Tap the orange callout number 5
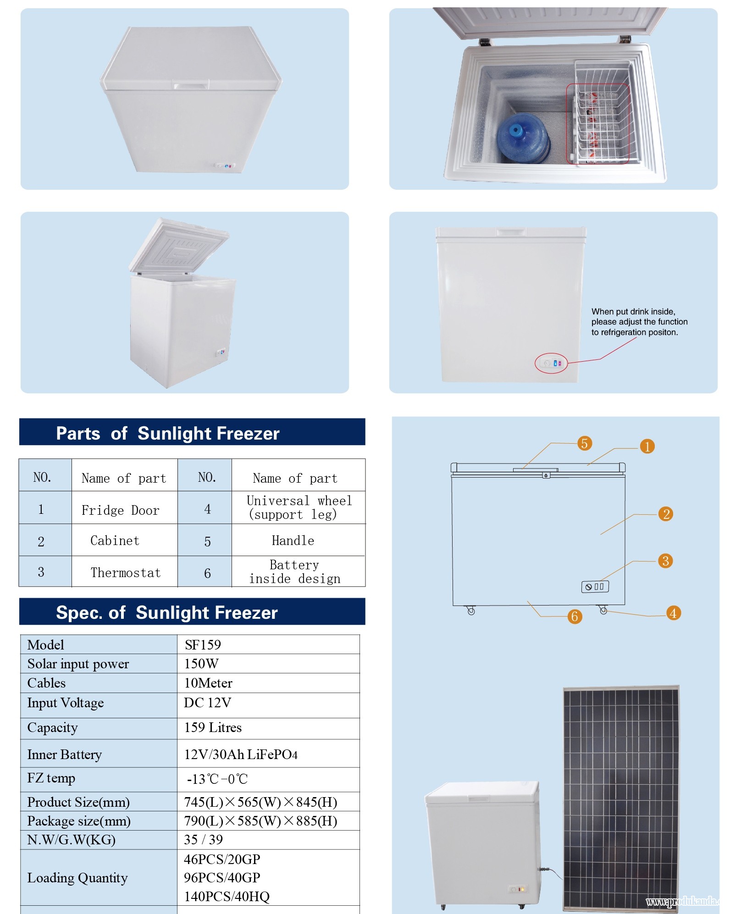click(x=584, y=443)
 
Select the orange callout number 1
click(x=647, y=446)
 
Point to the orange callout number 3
click(x=665, y=561)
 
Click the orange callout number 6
click(x=575, y=617)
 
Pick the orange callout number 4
click(x=673, y=613)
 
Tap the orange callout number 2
click(x=666, y=514)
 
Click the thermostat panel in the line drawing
click(x=595, y=587)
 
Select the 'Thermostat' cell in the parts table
click(x=125, y=573)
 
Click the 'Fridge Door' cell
click(x=120, y=510)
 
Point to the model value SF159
click(x=203, y=645)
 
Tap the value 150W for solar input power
click(x=201, y=664)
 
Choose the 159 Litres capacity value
click(x=213, y=727)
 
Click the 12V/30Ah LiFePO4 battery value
click(x=241, y=754)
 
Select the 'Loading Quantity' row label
click(x=77, y=878)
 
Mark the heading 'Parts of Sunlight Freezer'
click(x=168, y=433)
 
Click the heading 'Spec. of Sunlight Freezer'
click(x=167, y=612)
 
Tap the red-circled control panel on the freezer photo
click(x=552, y=363)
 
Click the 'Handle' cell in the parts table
click(x=293, y=541)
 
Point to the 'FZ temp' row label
click(x=51, y=778)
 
